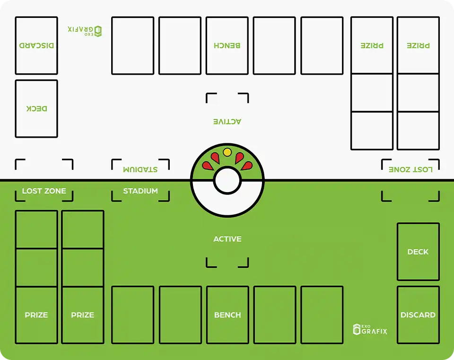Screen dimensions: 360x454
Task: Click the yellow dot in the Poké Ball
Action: click(227, 152)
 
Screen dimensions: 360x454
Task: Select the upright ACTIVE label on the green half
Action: click(227, 239)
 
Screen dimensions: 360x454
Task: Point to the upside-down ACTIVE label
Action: click(227, 122)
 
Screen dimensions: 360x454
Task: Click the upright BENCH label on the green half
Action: click(227, 315)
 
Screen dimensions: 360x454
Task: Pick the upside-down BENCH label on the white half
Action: click(227, 45)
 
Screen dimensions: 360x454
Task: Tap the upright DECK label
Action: click(418, 252)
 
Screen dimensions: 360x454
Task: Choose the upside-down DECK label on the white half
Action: click(36, 109)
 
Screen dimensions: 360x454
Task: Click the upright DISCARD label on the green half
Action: click(418, 315)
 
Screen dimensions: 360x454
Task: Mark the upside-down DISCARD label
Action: click(36, 45)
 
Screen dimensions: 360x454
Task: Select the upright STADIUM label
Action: click(140, 191)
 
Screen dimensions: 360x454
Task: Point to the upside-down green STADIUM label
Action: click(140, 169)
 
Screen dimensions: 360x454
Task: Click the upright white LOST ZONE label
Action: click(44, 191)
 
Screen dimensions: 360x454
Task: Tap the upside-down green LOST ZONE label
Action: click(410, 169)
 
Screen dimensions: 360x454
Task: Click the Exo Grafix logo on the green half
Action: click(370, 330)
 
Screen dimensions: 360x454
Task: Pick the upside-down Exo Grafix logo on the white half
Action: click(85, 31)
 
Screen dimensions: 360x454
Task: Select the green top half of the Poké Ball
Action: click(199, 166)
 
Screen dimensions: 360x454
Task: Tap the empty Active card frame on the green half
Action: click(227, 258)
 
